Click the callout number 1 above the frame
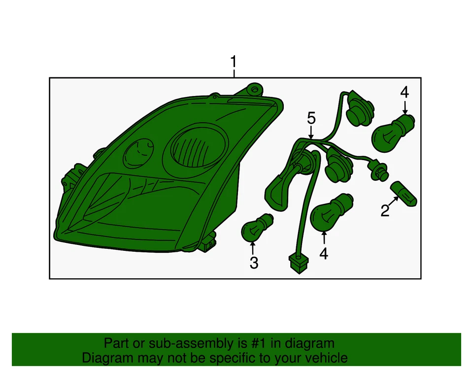pos(234,63)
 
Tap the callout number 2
pos(385,211)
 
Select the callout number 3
pos(254,264)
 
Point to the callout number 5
pos(311,118)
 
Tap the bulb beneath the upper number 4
pos(393,132)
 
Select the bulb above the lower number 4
pos(331,212)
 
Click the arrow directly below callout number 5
pos(311,132)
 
